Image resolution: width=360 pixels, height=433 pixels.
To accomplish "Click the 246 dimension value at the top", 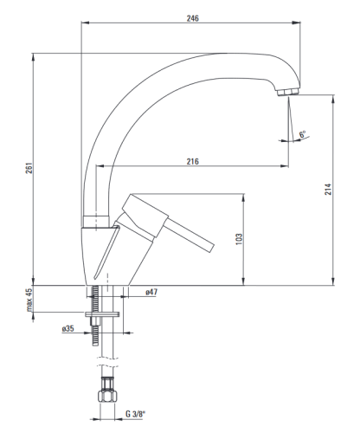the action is pyautogui.click(x=193, y=18).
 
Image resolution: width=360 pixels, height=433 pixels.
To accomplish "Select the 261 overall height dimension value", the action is pyautogui.click(x=29, y=168).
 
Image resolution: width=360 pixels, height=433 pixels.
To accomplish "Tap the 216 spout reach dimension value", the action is pyautogui.click(x=192, y=161).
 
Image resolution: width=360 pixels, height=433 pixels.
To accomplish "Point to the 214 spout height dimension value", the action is pyautogui.click(x=328, y=189).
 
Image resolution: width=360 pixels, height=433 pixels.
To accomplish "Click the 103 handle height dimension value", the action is pyautogui.click(x=239, y=239).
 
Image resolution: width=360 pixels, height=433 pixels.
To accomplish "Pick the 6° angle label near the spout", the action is pyautogui.click(x=302, y=134).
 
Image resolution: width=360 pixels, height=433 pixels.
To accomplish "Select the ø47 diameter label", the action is pyautogui.click(x=151, y=292).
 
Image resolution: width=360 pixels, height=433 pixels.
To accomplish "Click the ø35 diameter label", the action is pyautogui.click(x=67, y=328).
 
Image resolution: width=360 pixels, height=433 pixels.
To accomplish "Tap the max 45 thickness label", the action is pyautogui.click(x=29, y=301).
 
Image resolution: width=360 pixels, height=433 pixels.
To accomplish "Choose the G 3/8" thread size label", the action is pyautogui.click(x=135, y=414).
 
